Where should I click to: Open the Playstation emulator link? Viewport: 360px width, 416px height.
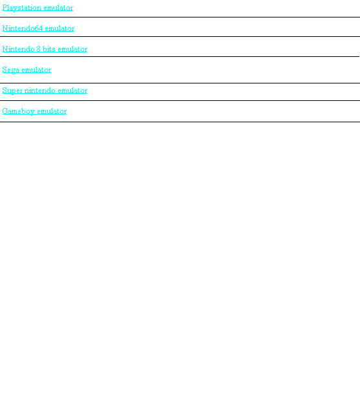coord(37,8)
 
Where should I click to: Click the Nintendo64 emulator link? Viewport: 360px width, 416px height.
coord(38,28)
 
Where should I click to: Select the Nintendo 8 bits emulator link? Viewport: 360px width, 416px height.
coord(45,49)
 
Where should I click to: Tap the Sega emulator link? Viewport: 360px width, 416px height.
coord(26,70)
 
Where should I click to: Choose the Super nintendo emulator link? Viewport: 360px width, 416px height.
coord(45,91)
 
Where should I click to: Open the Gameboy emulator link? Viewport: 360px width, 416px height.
coord(34,111)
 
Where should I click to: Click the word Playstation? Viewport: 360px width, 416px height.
coord(22,8)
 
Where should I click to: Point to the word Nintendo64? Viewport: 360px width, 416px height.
coord(23,28)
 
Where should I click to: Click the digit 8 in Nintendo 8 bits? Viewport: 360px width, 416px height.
coord(38,49)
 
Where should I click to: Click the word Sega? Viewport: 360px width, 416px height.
coord(11,70)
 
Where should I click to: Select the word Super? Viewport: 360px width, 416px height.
coord(12,91)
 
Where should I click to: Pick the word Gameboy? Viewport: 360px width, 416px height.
coord(19,111)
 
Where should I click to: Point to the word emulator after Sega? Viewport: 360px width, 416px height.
coord(36,69)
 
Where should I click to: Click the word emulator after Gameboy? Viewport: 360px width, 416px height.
coord(52,111)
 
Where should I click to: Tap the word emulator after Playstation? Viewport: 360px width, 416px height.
coord(58,7)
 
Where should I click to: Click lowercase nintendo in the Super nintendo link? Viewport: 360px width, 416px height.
coord(40,90)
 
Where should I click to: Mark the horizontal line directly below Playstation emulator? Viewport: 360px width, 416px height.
coord(180,17)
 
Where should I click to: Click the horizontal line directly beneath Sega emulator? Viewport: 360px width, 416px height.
coord(180,83)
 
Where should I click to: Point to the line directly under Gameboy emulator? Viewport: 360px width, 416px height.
coord(180,122)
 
